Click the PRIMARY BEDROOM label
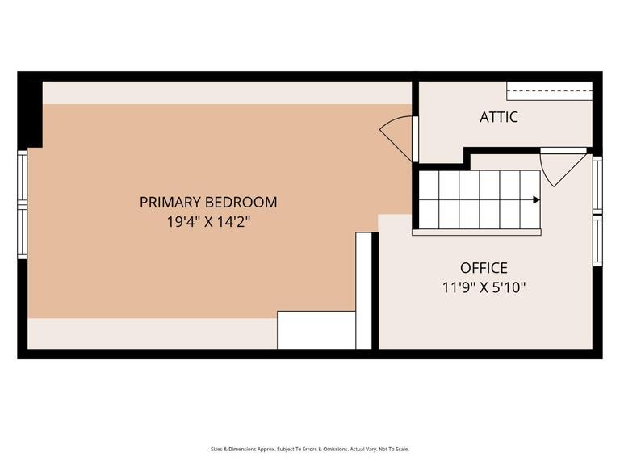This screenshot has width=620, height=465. click(208, 202)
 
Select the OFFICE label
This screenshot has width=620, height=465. click(484, 268)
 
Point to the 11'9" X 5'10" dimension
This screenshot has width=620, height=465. click(484, 287)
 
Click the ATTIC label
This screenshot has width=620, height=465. click(499, 117)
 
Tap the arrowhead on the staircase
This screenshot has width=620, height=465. click(536, 199)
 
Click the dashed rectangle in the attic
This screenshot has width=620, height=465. click(549, 90)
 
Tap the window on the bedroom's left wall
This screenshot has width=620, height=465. click(23, 204)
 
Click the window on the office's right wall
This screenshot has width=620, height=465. click(597, 212)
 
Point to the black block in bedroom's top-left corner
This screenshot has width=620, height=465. click(30, 113)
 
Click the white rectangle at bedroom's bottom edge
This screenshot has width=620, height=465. click(316, 329)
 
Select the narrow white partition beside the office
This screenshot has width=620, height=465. click(363, 291)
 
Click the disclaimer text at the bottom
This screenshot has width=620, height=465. click(310, 449)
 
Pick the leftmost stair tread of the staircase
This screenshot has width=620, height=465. click(429, 199)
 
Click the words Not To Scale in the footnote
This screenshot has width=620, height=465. click(396, 449)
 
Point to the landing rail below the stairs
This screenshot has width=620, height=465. click(476, 232)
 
